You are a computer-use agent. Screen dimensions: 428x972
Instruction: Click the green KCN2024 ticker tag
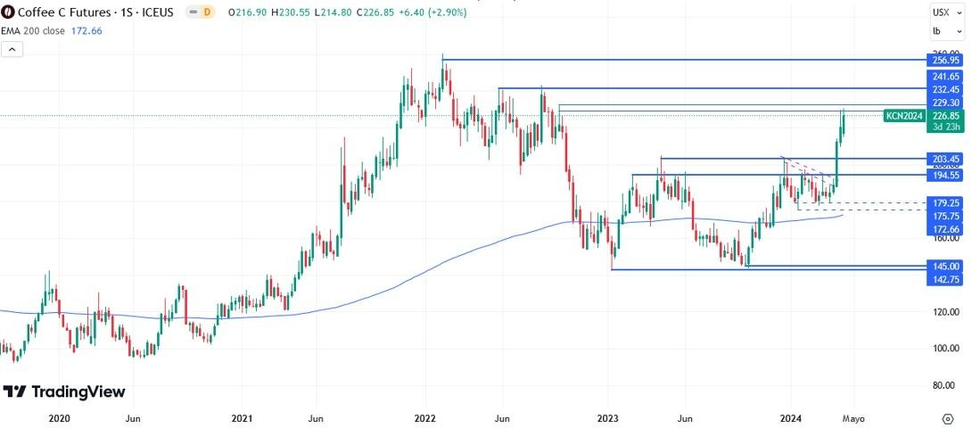pyautogui.click(x=903, y=116)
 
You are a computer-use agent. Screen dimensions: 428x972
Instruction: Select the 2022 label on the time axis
pyautogui.click(x=424, y=418)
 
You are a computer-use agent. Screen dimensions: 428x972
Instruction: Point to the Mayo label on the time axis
pyautogui.click(x=853, y=418)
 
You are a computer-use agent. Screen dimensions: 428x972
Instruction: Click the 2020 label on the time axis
pyautogui.click(x=59, y=418)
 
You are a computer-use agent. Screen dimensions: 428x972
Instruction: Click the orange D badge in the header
pyautogui.click(x=208, y=12)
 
